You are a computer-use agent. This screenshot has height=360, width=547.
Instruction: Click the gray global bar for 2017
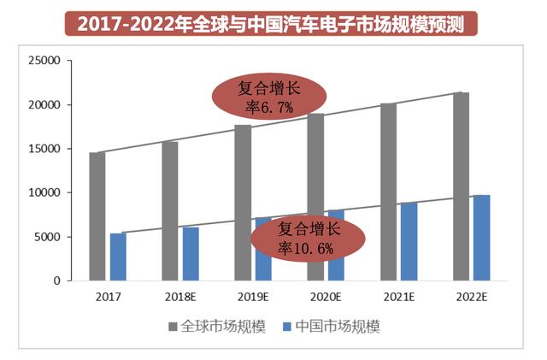[97, 216]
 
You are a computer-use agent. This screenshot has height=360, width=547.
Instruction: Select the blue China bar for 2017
[118, 257]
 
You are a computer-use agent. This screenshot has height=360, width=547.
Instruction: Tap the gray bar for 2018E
[170, 211]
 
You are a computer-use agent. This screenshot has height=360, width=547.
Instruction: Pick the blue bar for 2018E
[191, 254]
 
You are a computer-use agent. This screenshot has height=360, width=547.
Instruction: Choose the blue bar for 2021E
[409, 241]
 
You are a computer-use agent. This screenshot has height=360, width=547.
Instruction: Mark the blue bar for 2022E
[482, 238]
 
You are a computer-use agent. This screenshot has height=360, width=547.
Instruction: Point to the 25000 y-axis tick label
[44, 62]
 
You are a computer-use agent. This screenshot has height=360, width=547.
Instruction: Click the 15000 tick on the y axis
[44, 149]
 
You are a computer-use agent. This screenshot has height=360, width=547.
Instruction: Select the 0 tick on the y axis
[56, 280]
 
